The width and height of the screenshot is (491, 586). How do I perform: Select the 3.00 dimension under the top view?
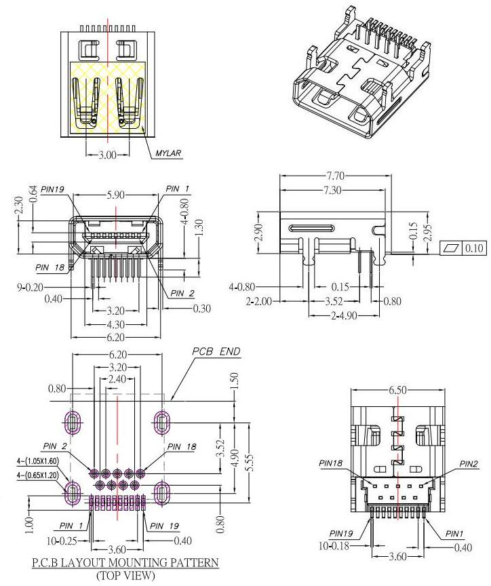point(106,155)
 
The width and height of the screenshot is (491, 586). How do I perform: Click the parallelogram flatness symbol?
point(450,248)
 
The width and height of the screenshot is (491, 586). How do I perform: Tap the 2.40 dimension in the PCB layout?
point(117,379)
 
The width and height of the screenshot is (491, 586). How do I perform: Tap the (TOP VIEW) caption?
point(125,575)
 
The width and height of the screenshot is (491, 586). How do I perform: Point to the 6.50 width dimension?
point(397,391)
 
